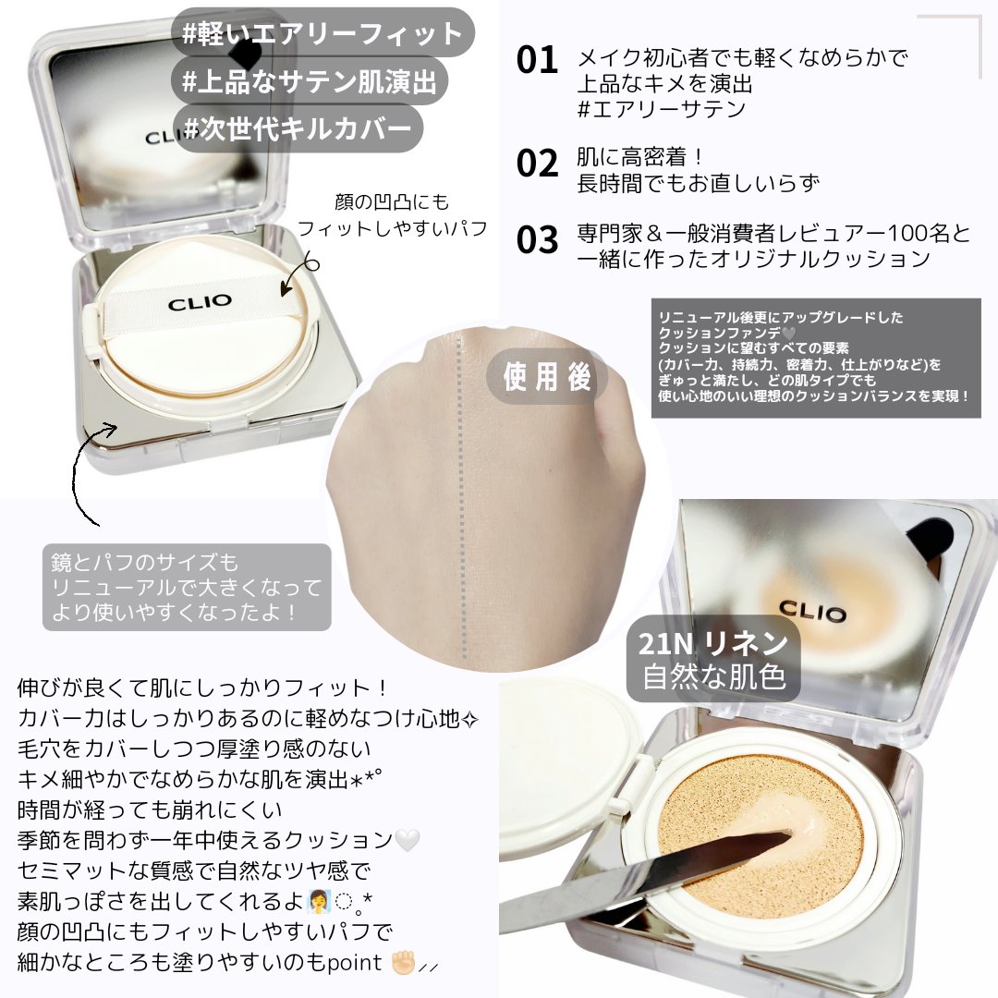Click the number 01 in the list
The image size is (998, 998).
click(537, 60)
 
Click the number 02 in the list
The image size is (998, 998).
click(537, 164)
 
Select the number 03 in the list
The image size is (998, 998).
click(537, 240)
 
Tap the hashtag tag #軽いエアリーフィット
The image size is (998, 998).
click(323, 33)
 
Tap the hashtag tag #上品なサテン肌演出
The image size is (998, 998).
click(310, 81)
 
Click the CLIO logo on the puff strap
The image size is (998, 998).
click(200, 301)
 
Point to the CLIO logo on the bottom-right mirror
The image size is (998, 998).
click(812, 612)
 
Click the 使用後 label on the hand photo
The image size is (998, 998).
click(547, 376)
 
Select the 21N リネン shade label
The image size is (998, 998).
click(713, 644)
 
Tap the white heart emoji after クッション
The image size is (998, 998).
click(408, 840)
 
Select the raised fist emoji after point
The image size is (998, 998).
click(404, 962)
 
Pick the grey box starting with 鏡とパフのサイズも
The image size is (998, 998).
click(187, 587)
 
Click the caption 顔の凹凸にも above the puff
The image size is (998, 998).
click(392, 201)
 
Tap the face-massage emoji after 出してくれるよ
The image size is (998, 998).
click(318, 901)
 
